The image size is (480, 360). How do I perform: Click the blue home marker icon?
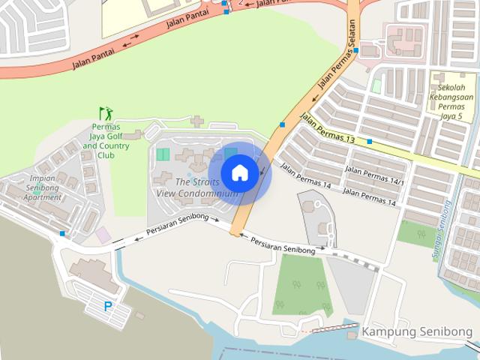239,173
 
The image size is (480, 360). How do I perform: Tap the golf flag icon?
106,114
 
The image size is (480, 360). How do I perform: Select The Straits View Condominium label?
197,187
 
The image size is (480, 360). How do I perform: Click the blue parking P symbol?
109,306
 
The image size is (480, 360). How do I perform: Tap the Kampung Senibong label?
417,331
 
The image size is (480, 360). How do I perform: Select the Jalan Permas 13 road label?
327,128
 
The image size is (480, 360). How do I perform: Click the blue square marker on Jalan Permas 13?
370,141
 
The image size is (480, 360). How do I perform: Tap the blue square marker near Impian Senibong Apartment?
62,233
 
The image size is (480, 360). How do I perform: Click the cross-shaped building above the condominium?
196,121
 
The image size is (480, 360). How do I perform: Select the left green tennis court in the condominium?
163,154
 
